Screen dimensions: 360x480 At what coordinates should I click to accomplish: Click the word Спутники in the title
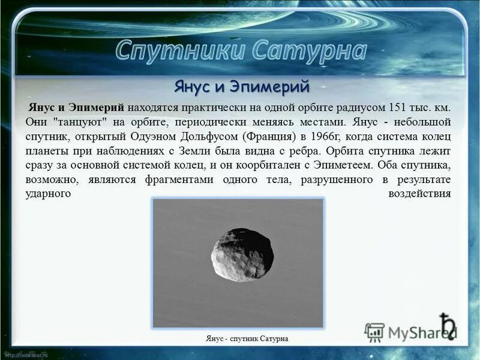click(178, 51)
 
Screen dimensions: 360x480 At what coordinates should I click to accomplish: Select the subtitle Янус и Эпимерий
click(241, 86)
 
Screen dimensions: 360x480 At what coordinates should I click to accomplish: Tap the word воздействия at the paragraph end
click(419, 194)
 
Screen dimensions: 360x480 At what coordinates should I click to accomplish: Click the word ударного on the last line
click(49, 194)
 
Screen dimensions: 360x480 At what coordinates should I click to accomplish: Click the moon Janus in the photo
click(242, 254)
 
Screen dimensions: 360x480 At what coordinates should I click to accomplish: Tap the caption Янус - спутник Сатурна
click(246, 339)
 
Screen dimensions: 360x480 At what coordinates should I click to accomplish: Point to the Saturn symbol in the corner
click(446, 325)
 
